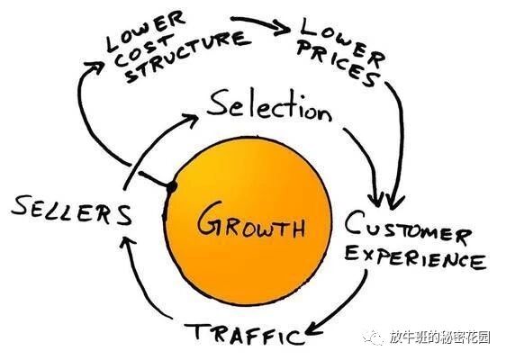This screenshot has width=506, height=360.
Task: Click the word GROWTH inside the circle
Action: pyautogui.click(x=251, y=219)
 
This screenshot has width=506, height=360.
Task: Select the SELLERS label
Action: pyautogui.click(x=72, y=211)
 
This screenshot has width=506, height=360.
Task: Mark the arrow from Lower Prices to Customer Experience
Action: pyautogui.click(x=396, y=135)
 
